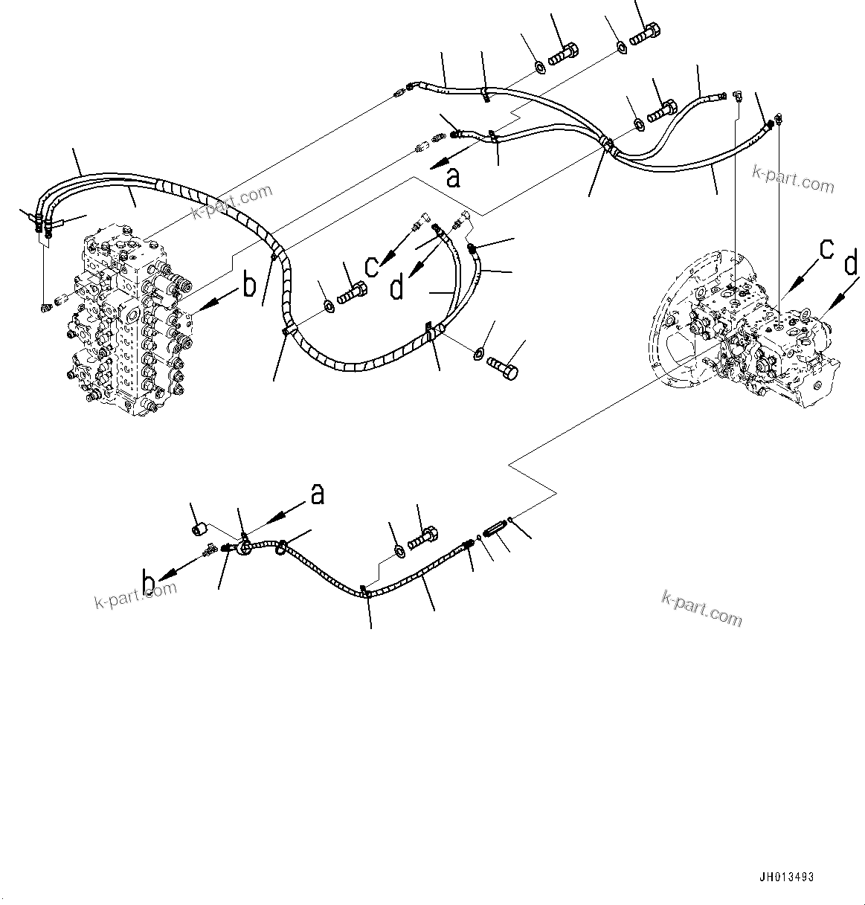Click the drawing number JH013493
point(786,877)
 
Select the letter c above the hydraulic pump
point(826,250)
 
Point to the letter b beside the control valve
point(249,285)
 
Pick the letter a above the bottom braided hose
point(318,494)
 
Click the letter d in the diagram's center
point(397,287)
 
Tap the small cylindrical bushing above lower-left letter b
point(199,529)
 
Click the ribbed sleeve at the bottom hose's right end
point(494,531)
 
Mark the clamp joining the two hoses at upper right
point(608,145)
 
